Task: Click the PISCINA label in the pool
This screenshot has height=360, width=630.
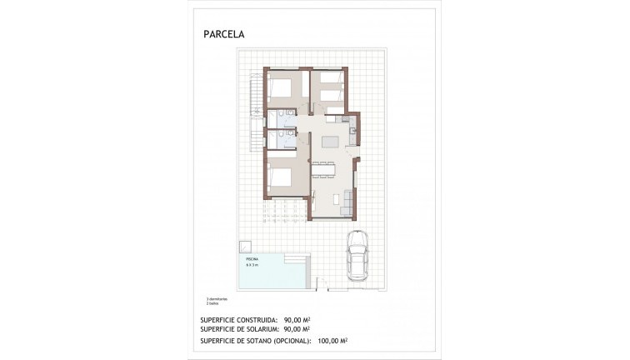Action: pyautogui.click(x=251, y=260)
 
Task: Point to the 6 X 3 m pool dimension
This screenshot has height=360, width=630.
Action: pyautogui.click(x=252, y=265)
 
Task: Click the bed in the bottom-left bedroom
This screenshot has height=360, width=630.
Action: pyautogui.click(x=281, y=176)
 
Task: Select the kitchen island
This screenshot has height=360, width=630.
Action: pyautogui.click(x=331, y=141)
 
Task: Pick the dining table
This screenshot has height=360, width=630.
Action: pyautogui.click(x=323, y=172)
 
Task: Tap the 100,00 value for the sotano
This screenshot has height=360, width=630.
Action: pyautogui.click(x=327, y=340)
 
